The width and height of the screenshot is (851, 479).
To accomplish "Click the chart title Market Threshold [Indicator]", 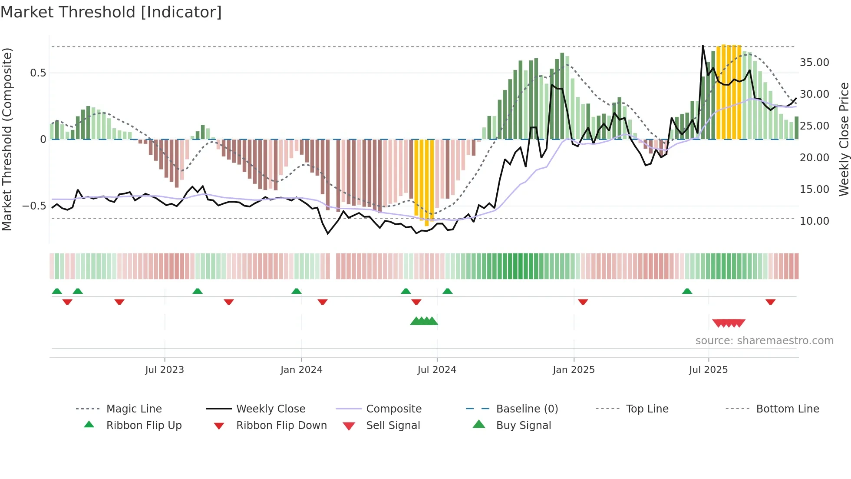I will coord(111,12).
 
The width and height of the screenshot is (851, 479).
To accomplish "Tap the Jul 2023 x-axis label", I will coord(165,370).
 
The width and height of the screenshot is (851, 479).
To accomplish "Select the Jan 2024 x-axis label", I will coord(301,370).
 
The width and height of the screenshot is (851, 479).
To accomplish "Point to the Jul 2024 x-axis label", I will coord(437,370).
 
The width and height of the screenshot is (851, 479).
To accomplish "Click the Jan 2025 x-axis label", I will coord(574,370).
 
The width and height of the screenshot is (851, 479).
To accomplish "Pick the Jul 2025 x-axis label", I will coord(708,370).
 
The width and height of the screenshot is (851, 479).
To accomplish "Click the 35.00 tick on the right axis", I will coord(814,63).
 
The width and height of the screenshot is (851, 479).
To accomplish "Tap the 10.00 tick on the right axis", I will coord(814,221).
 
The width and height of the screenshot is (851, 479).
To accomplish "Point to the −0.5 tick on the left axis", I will coord(34,206).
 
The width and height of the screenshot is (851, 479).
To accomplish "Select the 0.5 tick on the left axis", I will coord(38,73).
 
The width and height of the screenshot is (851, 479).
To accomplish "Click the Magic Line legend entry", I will coord(134,409).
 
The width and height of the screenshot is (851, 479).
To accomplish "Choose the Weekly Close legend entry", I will coord(270,409).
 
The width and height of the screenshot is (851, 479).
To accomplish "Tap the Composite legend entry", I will coord(394,409).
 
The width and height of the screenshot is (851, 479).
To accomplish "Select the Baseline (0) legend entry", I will coord(527,409).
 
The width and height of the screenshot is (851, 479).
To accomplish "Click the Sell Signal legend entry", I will coord(393,426).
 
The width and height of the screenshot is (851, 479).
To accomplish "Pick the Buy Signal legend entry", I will coord(523,426).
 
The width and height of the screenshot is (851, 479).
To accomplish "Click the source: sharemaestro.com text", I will coord(764,341).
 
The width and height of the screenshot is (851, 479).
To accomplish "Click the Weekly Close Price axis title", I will coord(844,139).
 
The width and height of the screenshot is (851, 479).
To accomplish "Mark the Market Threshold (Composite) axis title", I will coord(7,139).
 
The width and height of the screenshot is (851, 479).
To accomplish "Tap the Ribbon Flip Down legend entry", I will coord(281,426).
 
